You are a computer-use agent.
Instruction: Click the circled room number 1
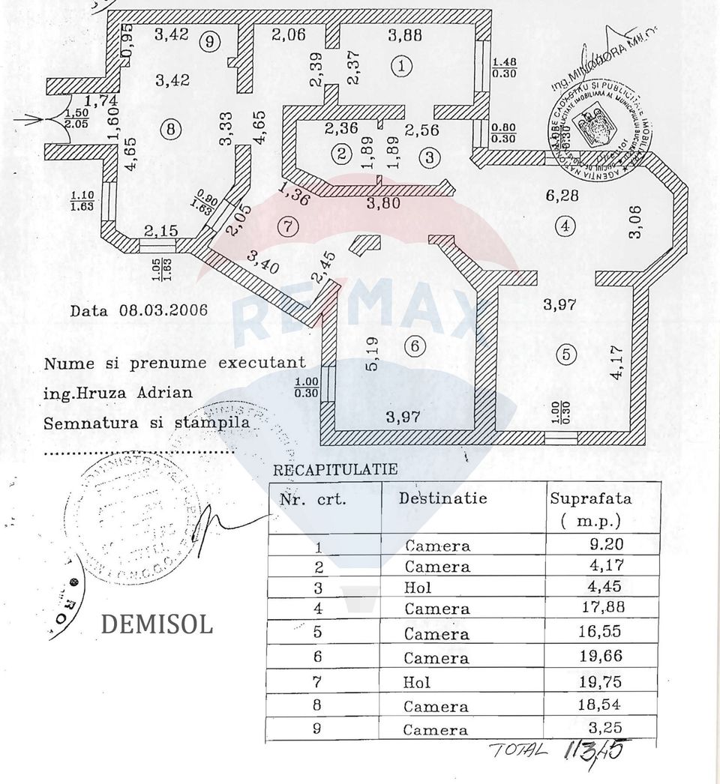coord(402,66)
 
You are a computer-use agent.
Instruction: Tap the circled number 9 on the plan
coord(209,42)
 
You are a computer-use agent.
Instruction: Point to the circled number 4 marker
coord(565,223)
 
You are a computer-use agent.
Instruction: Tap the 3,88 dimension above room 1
coord(405,34)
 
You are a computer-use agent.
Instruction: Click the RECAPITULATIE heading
coord(324,470)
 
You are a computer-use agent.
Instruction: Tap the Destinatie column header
coord(442,498)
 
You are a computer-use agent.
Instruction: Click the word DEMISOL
coord(156,624)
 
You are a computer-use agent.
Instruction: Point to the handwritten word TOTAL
coord(518,750)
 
